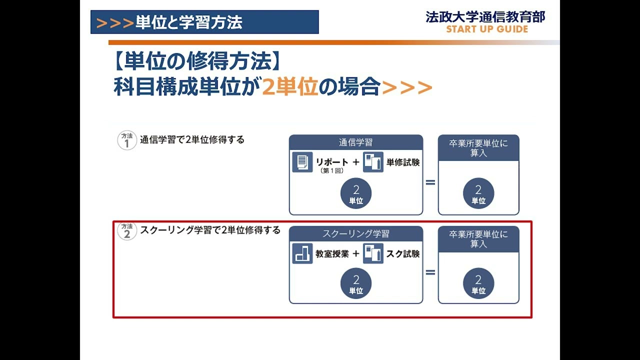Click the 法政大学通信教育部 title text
tap(485, 16)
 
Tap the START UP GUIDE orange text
tap(487, 29)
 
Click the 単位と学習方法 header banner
tap(204, 22)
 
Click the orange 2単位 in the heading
tap(290, 87)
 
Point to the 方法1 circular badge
tap(127, 140)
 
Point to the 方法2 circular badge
tap(127, 231)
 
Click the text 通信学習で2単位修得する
tap(192, 140)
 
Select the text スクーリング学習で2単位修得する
tap(210, 230)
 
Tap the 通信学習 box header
tap(356, 142)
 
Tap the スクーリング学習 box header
tap(356, 233)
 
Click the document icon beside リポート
tap(302, 162)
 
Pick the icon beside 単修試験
tap(373, 162)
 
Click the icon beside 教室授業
tap(302, 253)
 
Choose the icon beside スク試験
tap(373, 253)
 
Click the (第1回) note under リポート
tap(331, 170)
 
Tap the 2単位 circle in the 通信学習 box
tap(356, 194)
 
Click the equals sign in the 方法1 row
tap(430, 182)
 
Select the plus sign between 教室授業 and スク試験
tap(356, 253)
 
